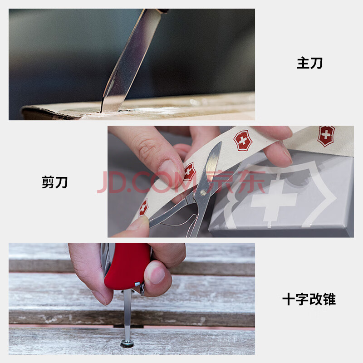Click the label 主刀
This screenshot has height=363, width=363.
(x=309, y=63)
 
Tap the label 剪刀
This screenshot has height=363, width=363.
(x=54, y=182)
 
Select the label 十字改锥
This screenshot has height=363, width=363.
(x=309, y=299)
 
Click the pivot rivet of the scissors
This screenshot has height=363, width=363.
(x=203, y=192)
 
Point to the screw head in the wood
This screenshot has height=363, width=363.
(x=127, y=344)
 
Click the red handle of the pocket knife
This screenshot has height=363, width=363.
(x=127, y=266)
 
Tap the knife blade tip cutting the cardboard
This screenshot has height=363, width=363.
(x=101, y=111)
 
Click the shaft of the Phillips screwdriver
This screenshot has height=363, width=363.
(x=127, y=315)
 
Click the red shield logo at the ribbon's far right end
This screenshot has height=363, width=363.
(x=326, y=136)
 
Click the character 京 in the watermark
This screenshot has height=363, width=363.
(x=218, y=181)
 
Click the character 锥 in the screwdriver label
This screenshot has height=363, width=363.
(x=329, y=299)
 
